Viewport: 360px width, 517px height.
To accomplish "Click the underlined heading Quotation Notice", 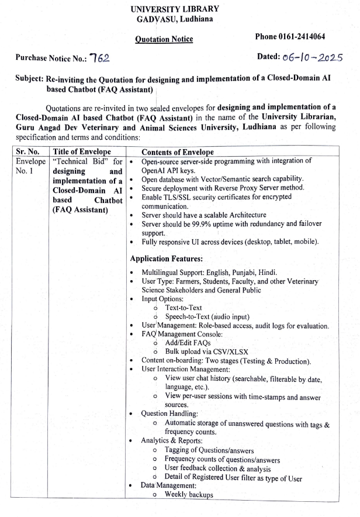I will [x=164, y=39].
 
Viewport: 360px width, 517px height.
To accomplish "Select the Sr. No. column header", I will [x=27, y=152].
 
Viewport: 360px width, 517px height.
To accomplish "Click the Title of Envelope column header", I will [x=81, y=152].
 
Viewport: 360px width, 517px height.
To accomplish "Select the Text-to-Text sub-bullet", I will [x=185, y=307].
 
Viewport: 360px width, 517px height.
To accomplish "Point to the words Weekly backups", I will [x=189, y=495].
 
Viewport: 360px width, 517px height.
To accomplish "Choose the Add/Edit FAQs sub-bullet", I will [x=188, y=342].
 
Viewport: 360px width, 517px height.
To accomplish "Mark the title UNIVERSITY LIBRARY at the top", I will [x=175, y=9].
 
